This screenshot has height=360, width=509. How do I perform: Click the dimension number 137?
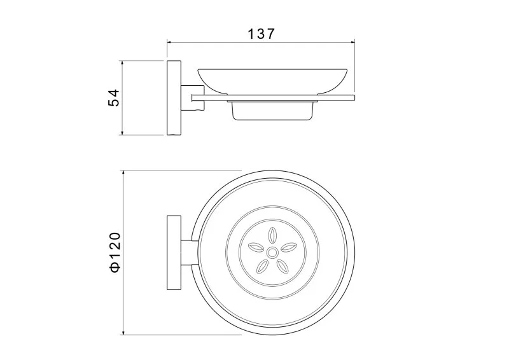point(261,34)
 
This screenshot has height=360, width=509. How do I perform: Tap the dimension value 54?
point(114,98)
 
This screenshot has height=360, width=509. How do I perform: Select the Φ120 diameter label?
point(115,252)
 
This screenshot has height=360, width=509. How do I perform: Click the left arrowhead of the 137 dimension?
point(169,42)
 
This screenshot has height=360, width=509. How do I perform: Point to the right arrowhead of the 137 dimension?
point(352,42)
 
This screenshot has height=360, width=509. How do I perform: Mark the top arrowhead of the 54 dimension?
point(122,63)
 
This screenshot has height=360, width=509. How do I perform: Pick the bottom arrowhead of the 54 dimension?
point(122,133)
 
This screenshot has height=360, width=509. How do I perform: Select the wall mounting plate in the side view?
point(174,98)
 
